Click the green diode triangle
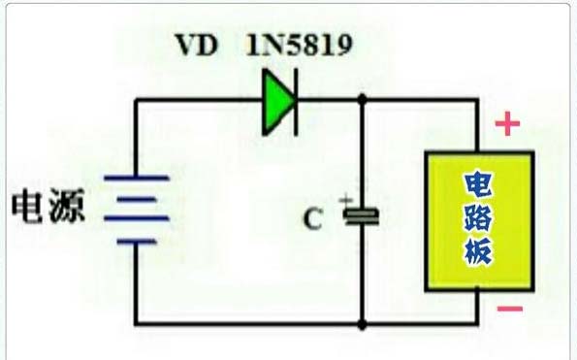point(277,102)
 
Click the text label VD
point(197,46)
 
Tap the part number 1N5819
point(300,45)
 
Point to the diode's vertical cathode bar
point(296,102)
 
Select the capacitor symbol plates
point(361,216)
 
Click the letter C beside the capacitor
point(313,219)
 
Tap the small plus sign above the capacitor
point(345,200)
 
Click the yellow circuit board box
point(479,221)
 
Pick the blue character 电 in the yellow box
point(478,184)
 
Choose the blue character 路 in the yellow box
point(478,217)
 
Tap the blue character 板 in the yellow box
point(478,251)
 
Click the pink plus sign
point(508,123)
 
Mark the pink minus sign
point(510,309)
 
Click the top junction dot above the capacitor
point(362,99)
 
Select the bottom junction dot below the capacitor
point(362,325)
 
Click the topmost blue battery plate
point(137,179)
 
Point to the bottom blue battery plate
point(137,242)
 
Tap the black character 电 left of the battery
point(26,206)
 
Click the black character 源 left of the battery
point(67,206)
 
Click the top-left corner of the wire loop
point(136,100)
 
